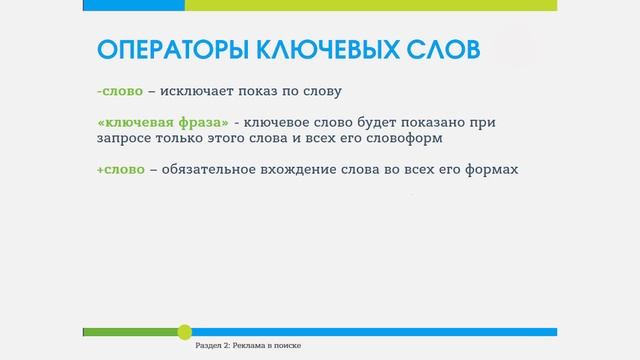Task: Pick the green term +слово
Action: coord(120,169)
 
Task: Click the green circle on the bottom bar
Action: coord(184,331)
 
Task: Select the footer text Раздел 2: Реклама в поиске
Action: coord(248,345)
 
